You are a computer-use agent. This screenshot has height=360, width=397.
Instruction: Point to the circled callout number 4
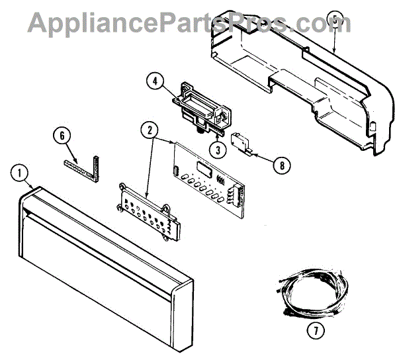point(154,83)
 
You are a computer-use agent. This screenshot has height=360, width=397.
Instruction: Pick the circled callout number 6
point(61,135)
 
